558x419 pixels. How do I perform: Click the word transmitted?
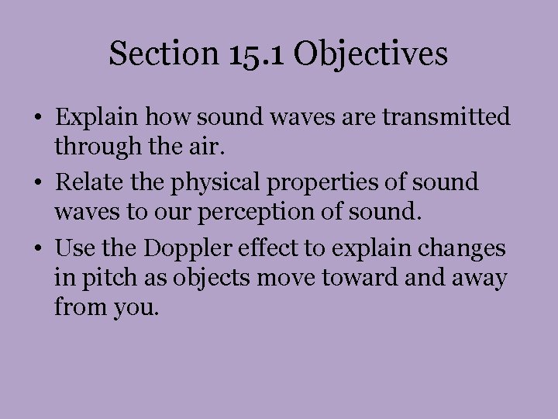coord(450,117)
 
